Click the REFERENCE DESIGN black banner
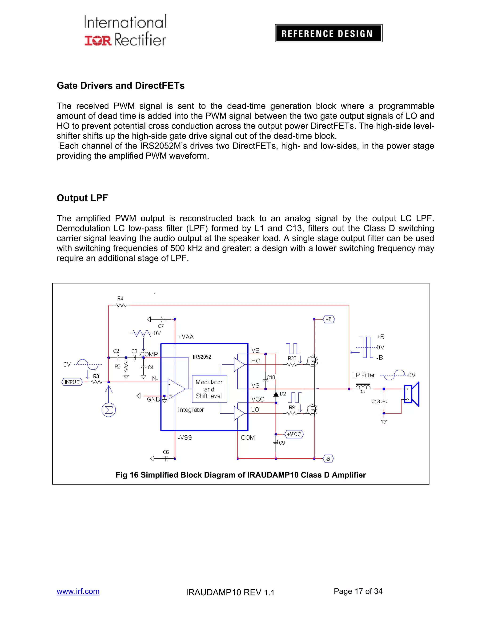[x=328, y=33]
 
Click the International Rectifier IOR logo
[x=98, y=40]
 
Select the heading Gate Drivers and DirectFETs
[x=120, y=86]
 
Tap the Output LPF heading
[x=82, y=198]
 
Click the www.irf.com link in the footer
[x=78, y=591]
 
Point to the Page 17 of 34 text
[x=358, y=591]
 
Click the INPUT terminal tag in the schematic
[x=72, y=382]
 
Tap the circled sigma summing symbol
[x=108, y=410]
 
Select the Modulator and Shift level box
[x=209, y=389]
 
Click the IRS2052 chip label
[x=202, y=357]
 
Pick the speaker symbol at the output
[x=412, y=394]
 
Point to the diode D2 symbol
[x=276, y=394]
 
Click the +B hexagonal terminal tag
[x=329, y=319]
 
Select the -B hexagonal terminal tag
[x=328, y=458]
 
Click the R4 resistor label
[x=120, y=299]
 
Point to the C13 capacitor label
[x=375, y=401]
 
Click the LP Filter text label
[x=363, y=375]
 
